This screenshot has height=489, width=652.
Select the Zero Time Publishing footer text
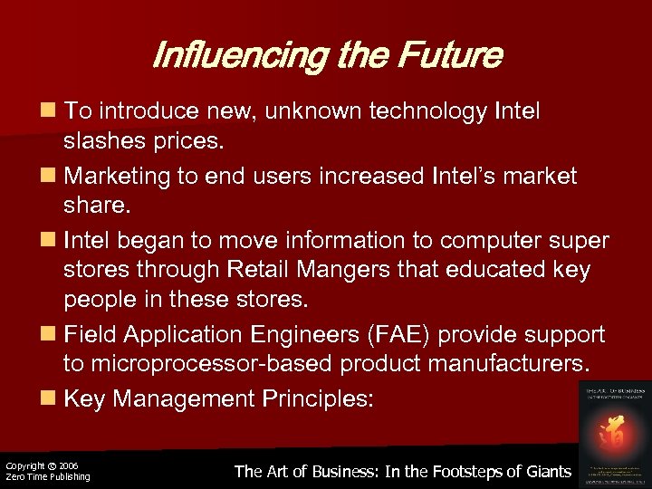tap(47, 476)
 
